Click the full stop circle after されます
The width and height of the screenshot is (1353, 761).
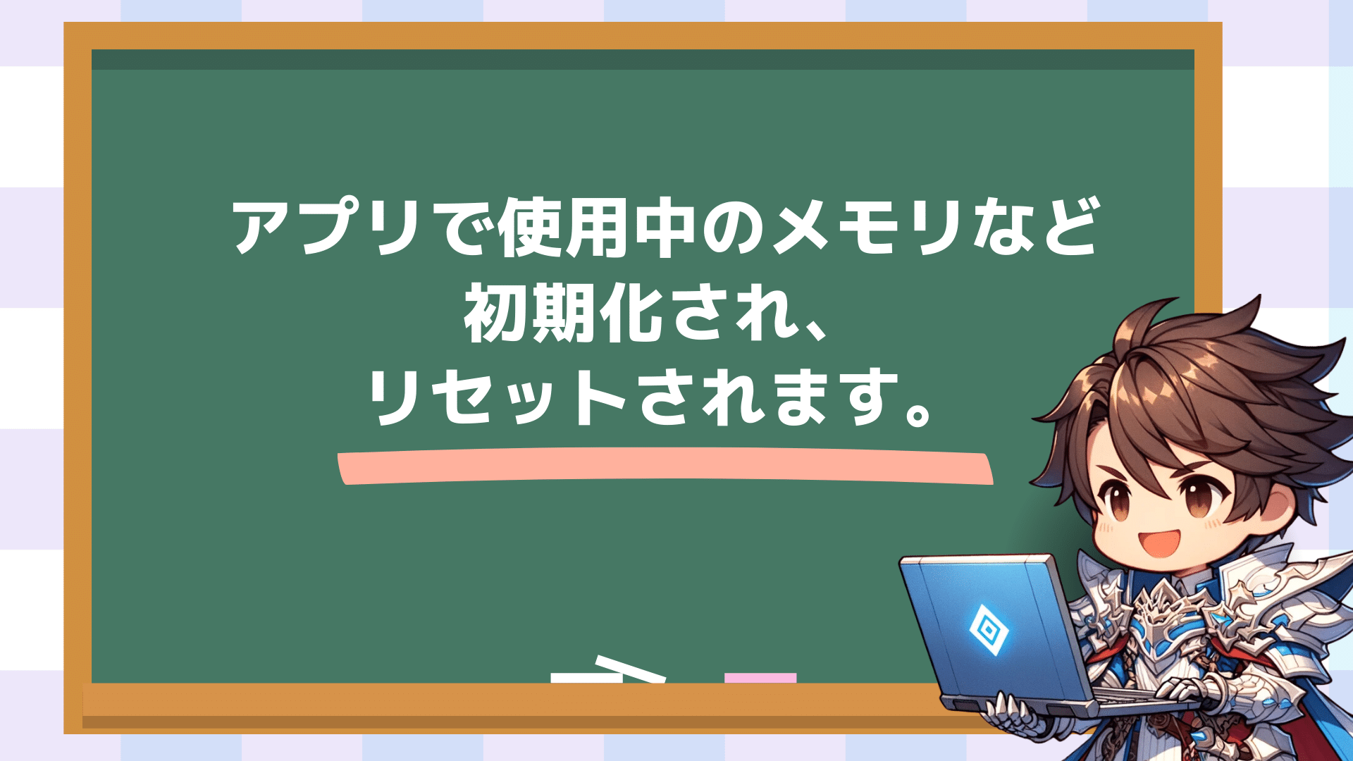[917, 412]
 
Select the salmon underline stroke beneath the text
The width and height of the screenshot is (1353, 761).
[665, 468]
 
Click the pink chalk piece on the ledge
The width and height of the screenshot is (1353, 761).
[760, 679]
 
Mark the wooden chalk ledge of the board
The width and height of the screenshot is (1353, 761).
[514, 705]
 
